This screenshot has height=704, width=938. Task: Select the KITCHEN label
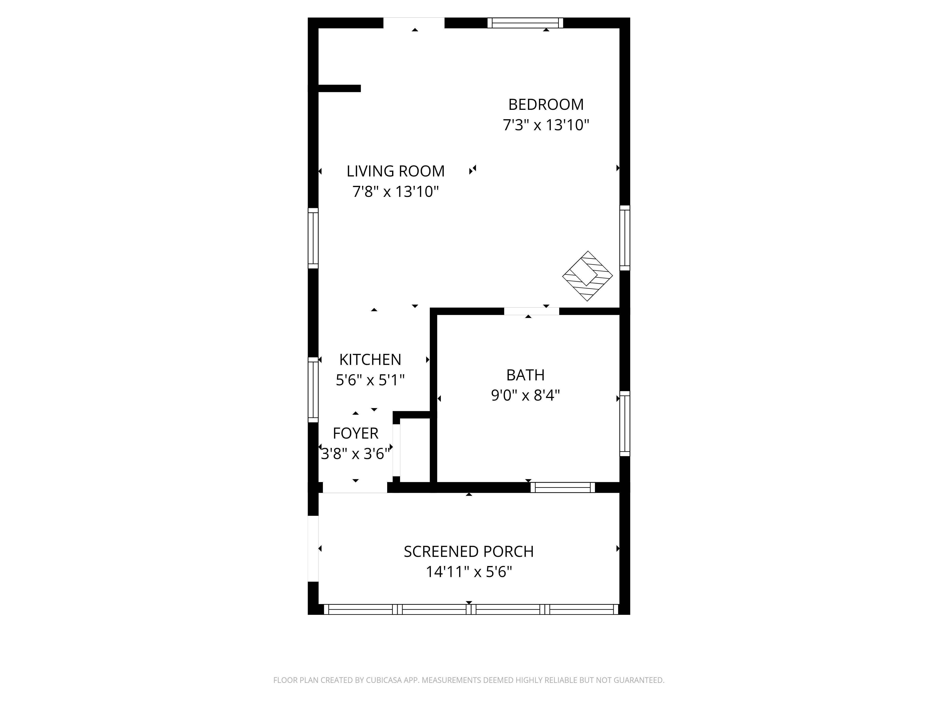(370, 360)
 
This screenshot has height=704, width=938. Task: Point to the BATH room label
(526, 375)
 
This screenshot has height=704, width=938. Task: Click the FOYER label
(355, 433)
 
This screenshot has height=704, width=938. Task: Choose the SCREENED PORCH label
(469, 552)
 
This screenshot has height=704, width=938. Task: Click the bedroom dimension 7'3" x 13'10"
(546, 125)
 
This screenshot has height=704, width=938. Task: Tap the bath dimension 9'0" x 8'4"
(526, 395)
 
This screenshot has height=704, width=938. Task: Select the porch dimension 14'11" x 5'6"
(469, 572)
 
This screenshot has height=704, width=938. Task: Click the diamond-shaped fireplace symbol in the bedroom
(587, 276)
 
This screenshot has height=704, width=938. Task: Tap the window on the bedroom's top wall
(525, 23)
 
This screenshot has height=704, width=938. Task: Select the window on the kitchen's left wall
(313, 390)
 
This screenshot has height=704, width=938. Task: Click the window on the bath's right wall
(625, 424)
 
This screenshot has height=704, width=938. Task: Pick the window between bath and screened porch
(563, 488)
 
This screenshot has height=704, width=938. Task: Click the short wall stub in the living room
(339, 88)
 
